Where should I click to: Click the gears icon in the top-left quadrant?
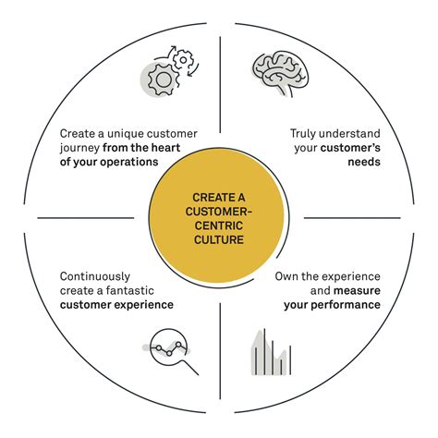tap(167, 74)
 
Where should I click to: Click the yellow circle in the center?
tap(219, 219)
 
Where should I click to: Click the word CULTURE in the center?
tap(219, 239)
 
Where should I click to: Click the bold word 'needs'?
tap(361, 162)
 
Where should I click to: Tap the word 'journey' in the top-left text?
tap(83, 148)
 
